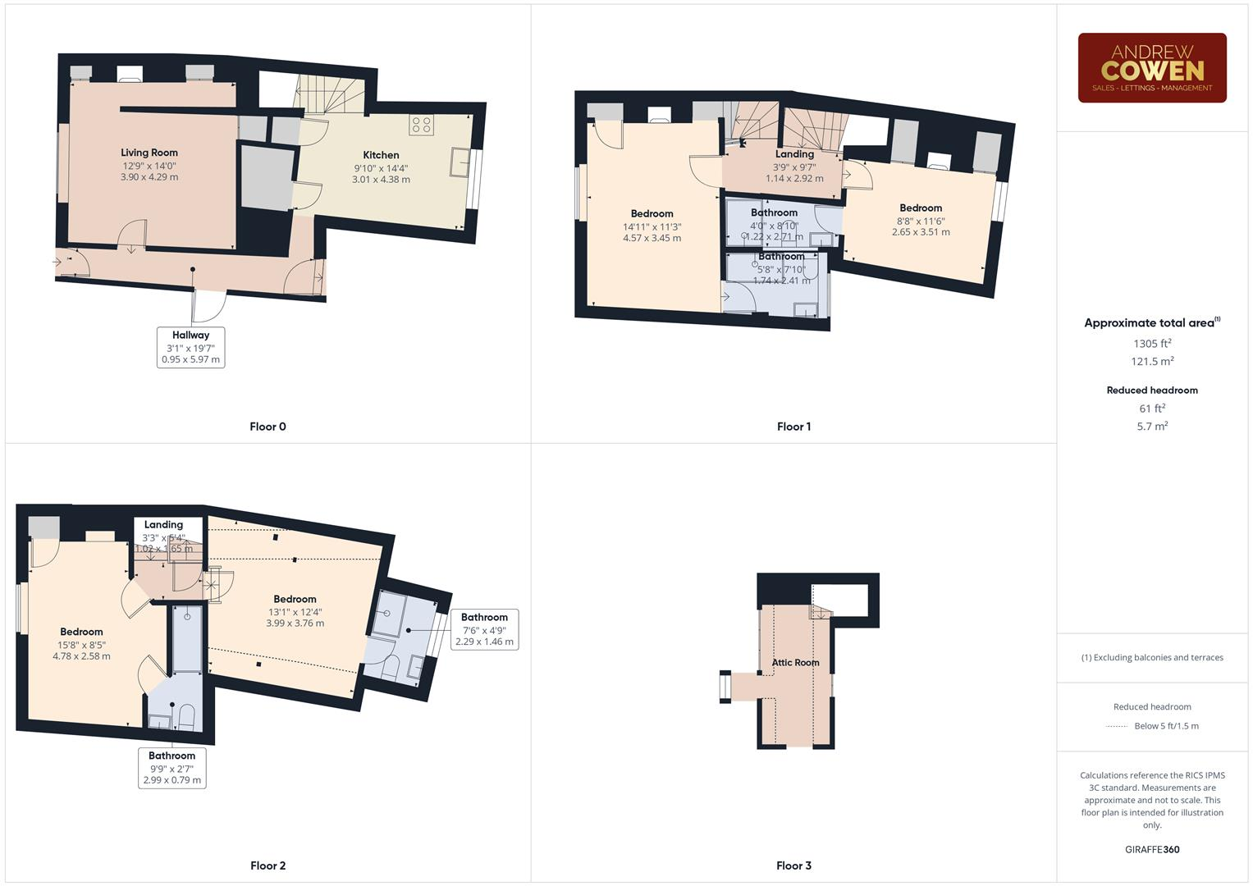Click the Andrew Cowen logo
click(1151, 67)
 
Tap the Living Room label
click(149, 153)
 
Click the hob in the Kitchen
click(422, 126)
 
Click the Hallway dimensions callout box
click(190, 347)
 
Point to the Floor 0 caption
click(268, 427)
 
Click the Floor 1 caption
click(793, 427)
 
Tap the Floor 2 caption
click(268, 865)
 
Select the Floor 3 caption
click(793, 865)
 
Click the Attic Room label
click(795, 662)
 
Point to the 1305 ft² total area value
click(1152, 344)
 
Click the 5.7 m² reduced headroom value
click(1152, 427)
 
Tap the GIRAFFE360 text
click(1152, 849)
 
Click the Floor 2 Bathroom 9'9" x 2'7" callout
click(172, 768)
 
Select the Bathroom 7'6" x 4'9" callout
click(484, 629)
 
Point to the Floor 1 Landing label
click(794, 154)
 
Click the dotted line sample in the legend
click(1117, 726)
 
